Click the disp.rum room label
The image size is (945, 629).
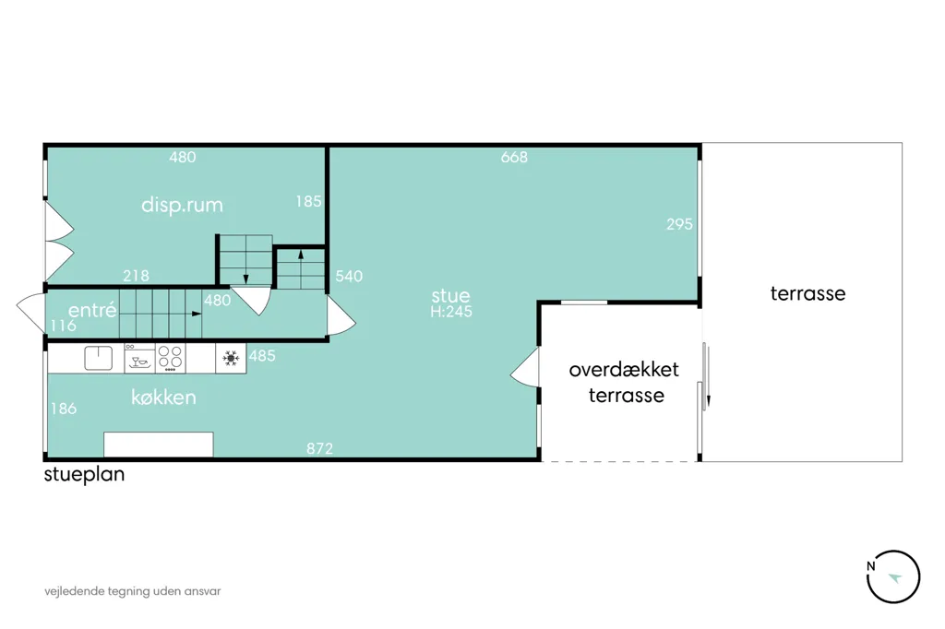pos(182,206)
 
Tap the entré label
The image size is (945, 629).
pos(92,310)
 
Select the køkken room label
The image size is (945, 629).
pos(163,397)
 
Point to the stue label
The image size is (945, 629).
pos(450,295)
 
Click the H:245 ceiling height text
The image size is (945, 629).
pos(450,312)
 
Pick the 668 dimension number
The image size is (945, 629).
pos(514,157)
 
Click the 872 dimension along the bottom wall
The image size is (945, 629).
pos(319,448)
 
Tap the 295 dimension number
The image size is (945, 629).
pos(679,224)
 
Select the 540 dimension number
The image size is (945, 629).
pos(349,276)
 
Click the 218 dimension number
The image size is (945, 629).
pos(136,276)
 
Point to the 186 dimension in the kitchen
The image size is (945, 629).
pos(64,409)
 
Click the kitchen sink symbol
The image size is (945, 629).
pos(98,358)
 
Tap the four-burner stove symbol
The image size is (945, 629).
pos(171,359)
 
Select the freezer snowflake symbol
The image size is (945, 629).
pos(231,359)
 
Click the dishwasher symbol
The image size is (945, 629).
pos(140,359)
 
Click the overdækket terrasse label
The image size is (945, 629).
pos(625,382)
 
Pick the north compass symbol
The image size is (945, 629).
pos(893,576)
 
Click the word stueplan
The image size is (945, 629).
pos(84,474)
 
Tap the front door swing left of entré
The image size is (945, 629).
pos(31,313)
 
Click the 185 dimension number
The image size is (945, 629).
pos(308,201)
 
